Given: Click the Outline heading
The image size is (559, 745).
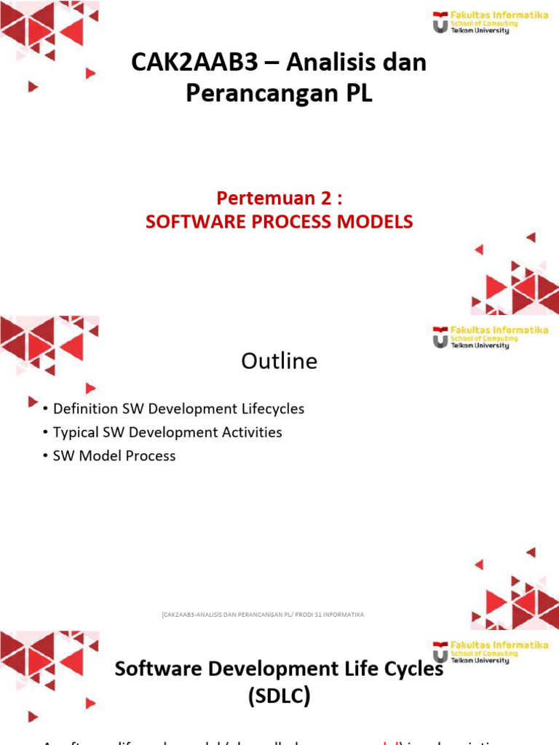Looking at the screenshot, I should click(x=279, y=362).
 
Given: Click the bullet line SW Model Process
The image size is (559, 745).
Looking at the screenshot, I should click(x=114, y=456).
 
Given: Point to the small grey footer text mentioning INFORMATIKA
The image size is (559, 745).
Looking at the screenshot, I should click(x=263, y=615).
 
